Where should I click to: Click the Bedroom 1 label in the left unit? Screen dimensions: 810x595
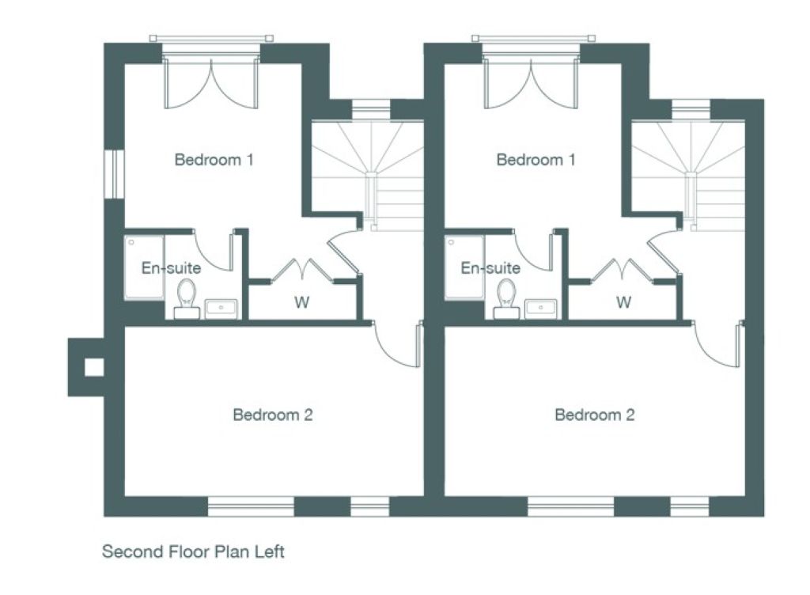click(214, 160)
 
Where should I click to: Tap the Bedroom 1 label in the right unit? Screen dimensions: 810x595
click(536, 160)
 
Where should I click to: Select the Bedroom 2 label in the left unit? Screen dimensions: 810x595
click(273, 415)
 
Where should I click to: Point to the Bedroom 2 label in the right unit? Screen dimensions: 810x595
click(595, 415)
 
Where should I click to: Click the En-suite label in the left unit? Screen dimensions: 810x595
click(171, 268)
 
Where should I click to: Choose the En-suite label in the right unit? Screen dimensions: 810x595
click(490, 268)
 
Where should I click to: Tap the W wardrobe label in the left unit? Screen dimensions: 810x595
click(301, 302)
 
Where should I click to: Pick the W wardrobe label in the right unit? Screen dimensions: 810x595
click(623, 302)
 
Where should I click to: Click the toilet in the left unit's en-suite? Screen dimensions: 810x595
click(187, 298)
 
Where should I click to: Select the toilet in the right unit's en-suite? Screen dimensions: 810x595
click(506, 298)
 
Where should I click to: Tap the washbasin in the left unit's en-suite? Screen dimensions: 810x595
click(221, 309)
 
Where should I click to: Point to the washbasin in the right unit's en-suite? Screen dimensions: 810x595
click(541, 309)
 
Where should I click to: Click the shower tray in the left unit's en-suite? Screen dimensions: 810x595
click(144, 267)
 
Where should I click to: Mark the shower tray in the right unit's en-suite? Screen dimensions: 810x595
click(464, 267)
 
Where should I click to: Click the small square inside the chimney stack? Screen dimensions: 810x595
click(94, 367)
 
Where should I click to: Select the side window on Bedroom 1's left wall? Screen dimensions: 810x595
click(114, 174)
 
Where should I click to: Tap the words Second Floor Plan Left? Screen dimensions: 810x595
click(193, 551)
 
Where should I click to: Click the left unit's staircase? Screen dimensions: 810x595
click(368, 176)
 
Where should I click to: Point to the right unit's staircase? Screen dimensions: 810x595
click(687, 176)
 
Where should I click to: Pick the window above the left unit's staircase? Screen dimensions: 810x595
click(372, 109)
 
